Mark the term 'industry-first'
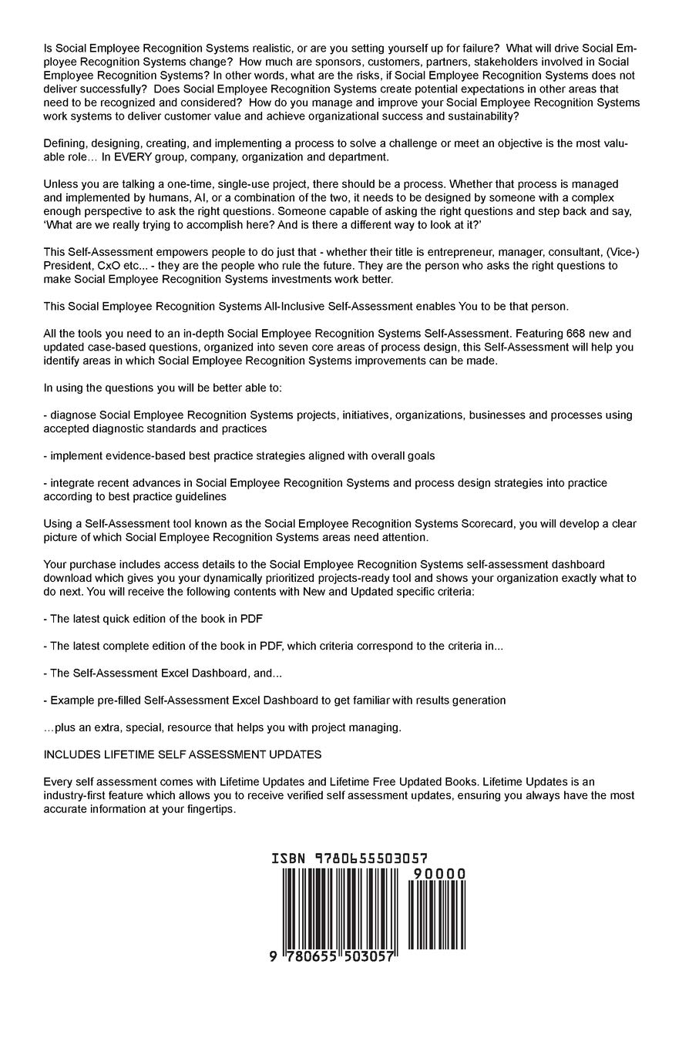[79, 795]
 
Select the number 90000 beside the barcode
[439, 873]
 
